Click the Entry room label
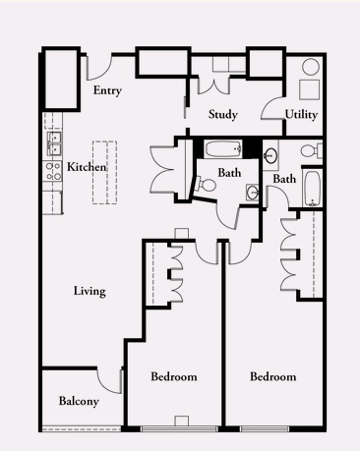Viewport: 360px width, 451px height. [107, 90]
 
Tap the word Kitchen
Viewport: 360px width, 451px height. [87, 167]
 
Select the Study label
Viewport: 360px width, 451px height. [223, 115]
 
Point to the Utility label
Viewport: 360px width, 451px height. [301, 115]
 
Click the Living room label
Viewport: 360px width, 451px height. [90, 291]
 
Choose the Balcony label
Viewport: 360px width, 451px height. [79, 401]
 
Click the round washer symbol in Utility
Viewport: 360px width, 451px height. [311, 67]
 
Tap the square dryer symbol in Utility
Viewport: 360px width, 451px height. [309, 89]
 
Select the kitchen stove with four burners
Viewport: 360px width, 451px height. [53, 171]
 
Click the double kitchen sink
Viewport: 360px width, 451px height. [54, 143]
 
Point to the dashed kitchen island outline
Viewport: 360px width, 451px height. [104, 173]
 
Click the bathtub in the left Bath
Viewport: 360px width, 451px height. [223, 149]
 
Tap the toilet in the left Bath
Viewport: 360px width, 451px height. [206, 185]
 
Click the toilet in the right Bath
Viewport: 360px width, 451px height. [312, 151]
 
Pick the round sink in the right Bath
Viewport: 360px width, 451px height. [270, 156]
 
